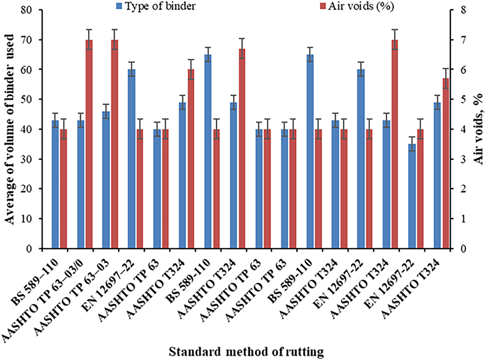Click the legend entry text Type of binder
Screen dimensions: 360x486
(160, 6)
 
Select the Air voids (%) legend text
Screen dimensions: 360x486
(361, 6)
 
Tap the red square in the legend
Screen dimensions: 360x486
(323, 7)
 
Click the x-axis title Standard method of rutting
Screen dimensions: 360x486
(246, 352)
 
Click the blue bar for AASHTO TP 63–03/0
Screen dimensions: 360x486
(81, 184)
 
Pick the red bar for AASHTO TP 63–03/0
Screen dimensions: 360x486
(89, 144)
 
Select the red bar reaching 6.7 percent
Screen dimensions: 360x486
(242, 149)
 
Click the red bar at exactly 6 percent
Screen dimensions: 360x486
(191, 159)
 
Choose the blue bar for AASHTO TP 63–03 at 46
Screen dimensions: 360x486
(106, 180)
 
